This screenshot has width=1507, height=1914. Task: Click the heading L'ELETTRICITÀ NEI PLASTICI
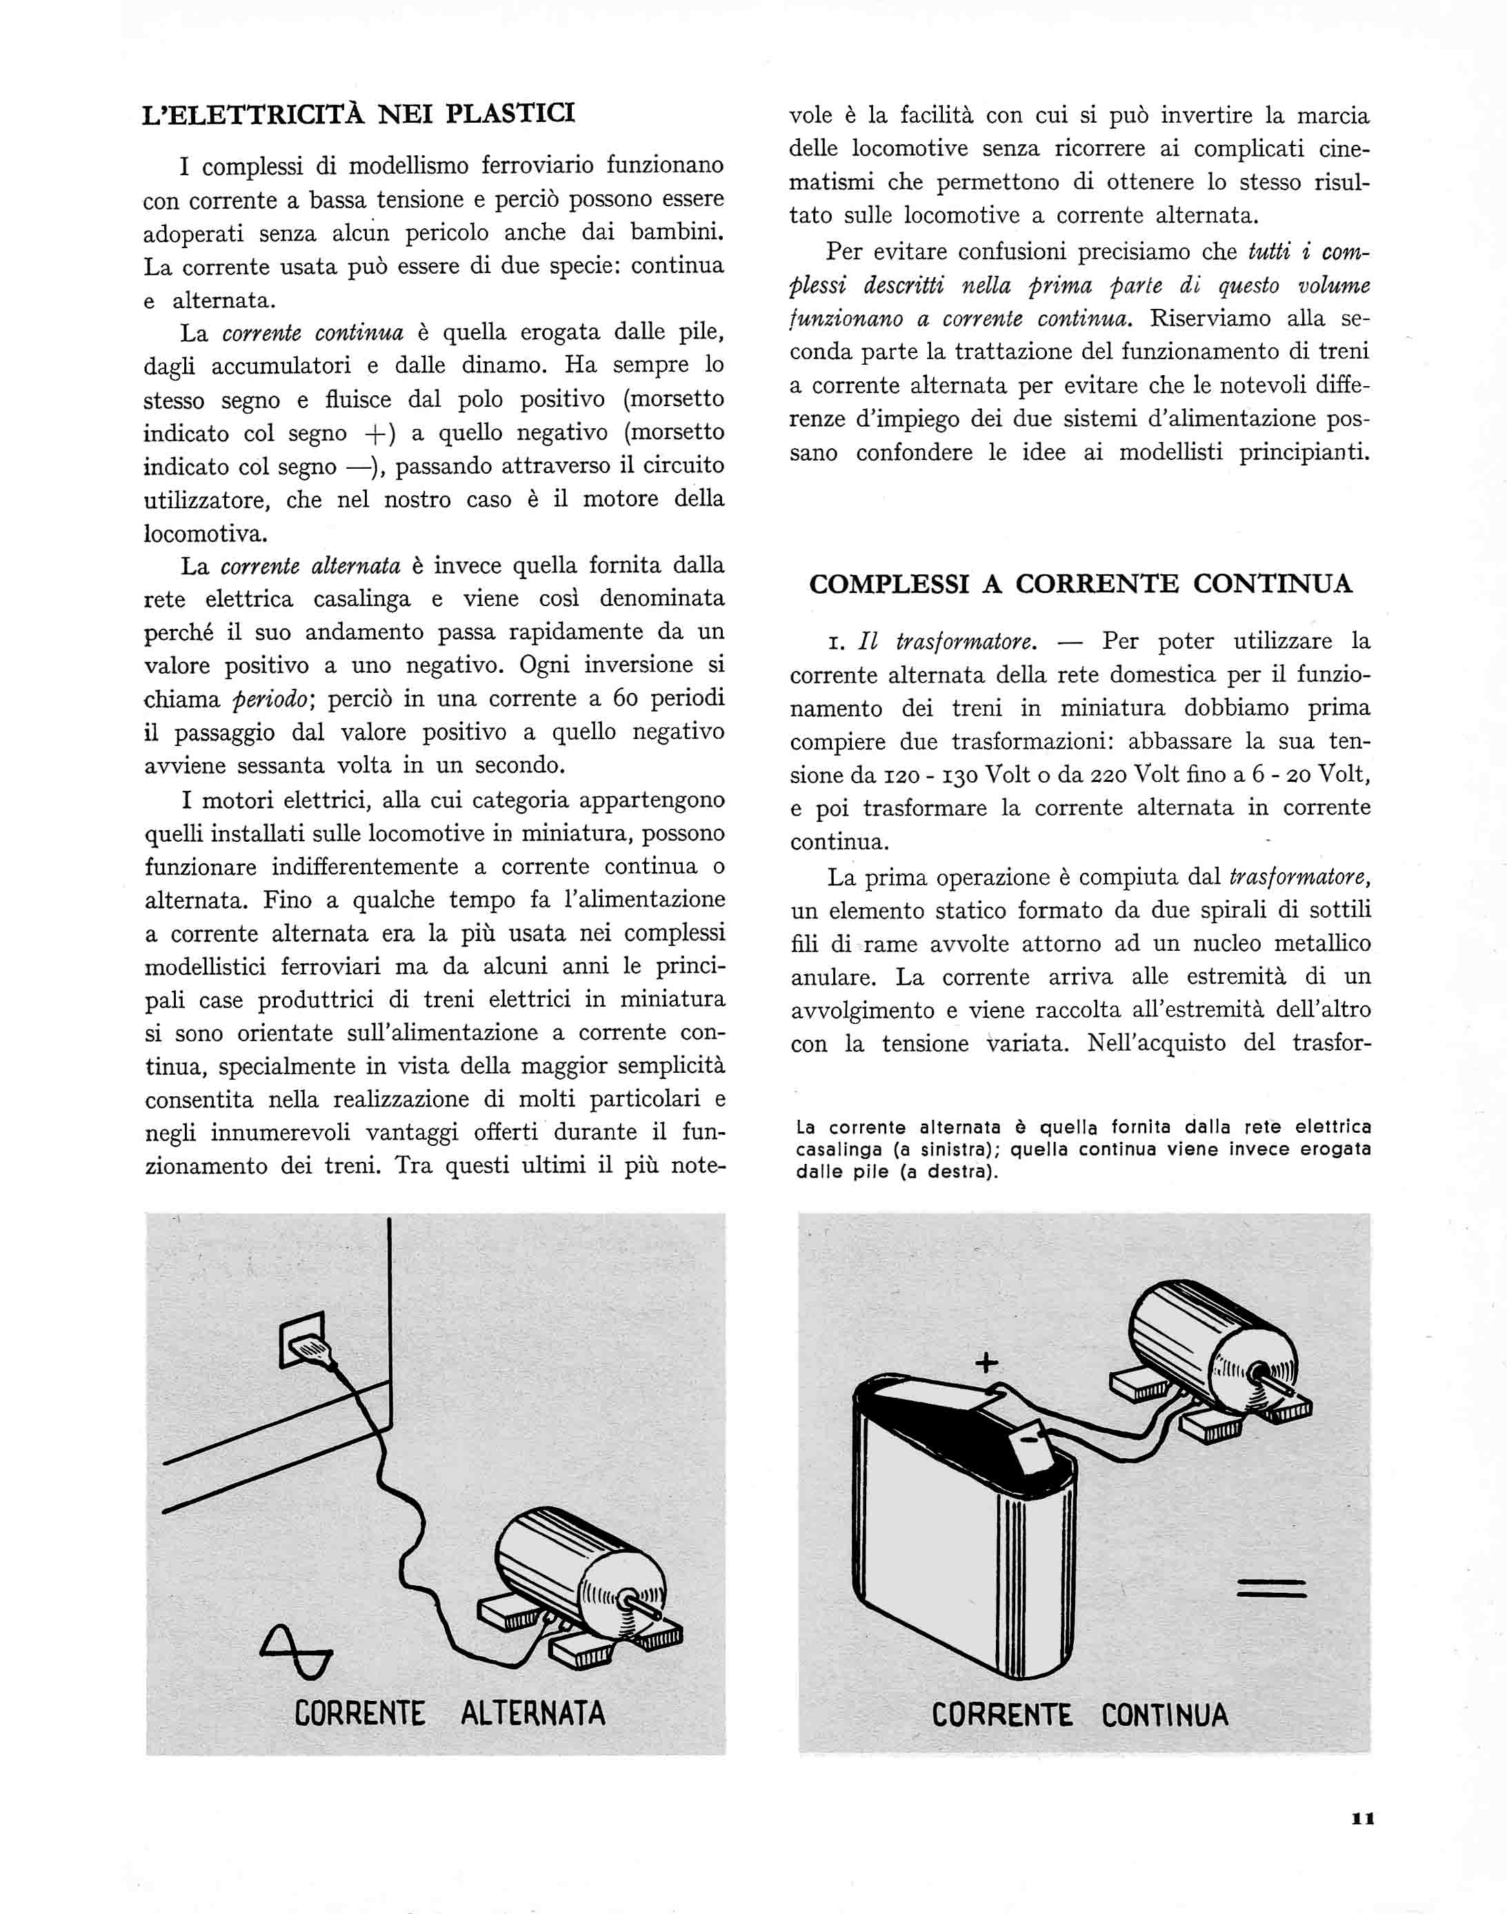tap(358, 114)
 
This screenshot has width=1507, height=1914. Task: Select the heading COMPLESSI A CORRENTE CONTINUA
tap(1080, 584)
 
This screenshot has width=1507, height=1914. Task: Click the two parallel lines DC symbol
tap(1271, 1588)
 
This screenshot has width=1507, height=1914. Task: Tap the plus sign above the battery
tap(986, 1364)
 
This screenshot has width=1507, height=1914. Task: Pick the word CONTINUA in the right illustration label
tap(1165, 1715)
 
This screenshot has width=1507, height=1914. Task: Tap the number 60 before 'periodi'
tap(626, 698)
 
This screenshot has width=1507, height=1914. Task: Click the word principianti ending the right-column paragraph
tap(1304, 454)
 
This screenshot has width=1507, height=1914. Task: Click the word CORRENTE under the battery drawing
tap(1001, 1715)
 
